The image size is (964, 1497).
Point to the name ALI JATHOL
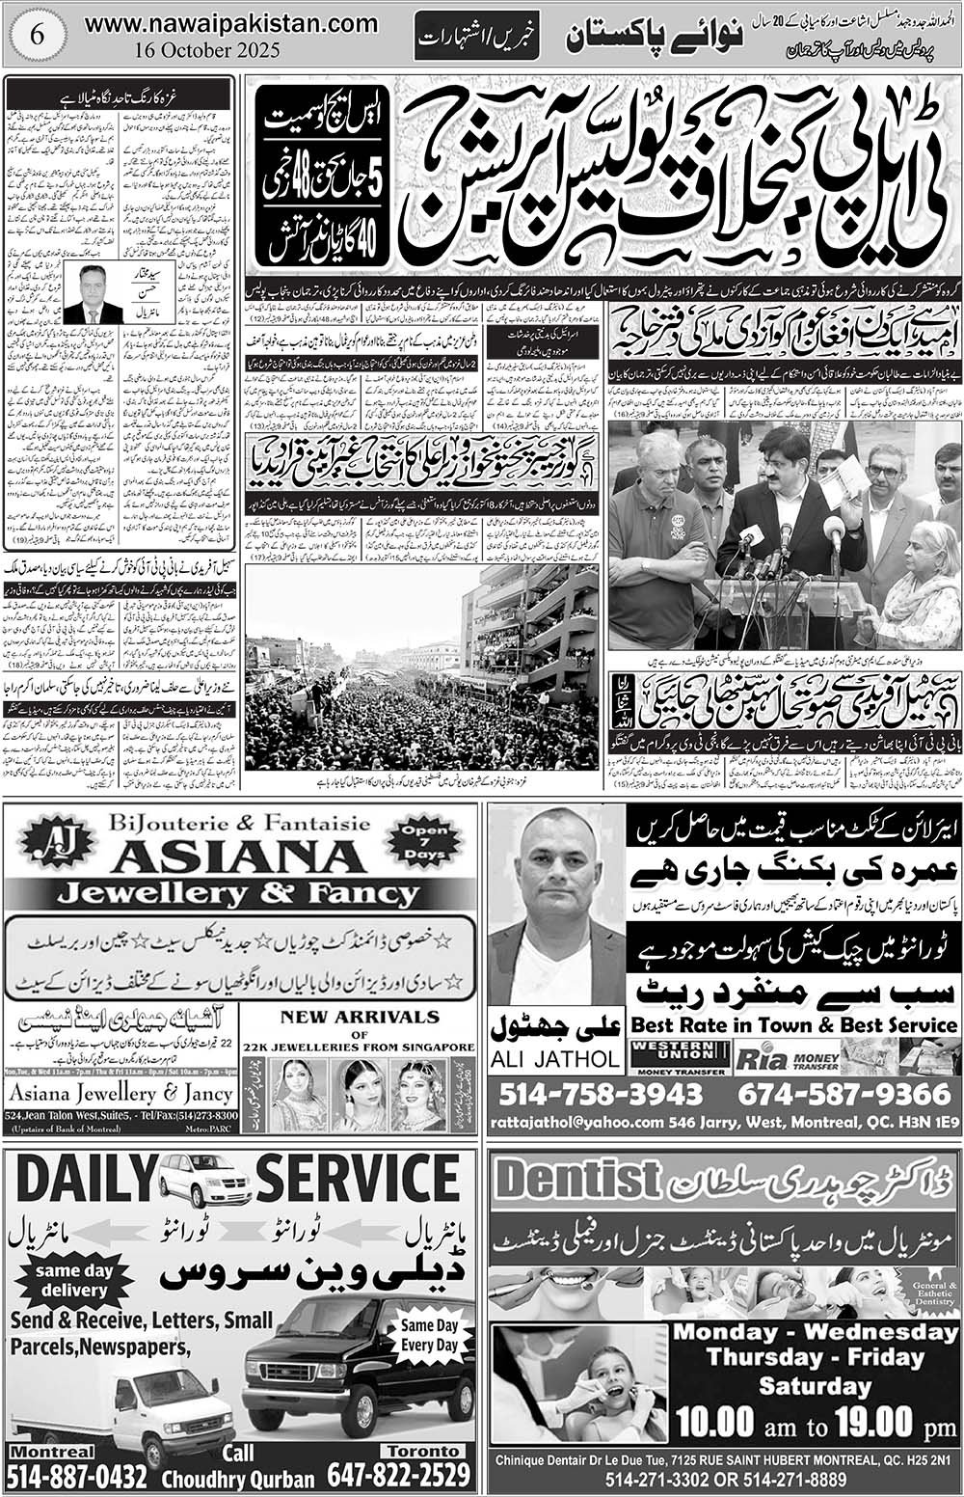point(556,1058)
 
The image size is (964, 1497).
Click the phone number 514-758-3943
point(602,1094)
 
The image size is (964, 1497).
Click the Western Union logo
point(677,1056)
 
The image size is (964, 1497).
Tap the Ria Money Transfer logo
point(786,1058)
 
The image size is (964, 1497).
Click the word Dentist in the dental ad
point(576,1179)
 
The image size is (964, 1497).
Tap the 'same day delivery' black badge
point(73,1280)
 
